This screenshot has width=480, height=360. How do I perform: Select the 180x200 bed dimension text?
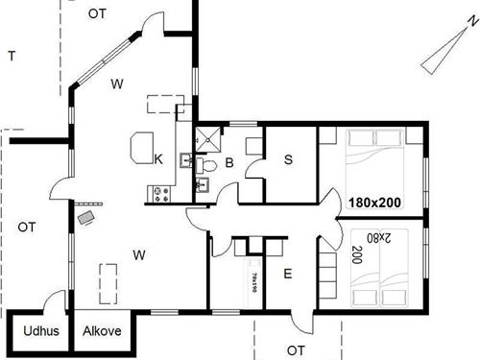tap(374, 204)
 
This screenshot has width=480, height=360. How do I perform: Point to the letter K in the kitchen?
tap(157, 158)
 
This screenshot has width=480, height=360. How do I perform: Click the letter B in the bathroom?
tap(230, 163)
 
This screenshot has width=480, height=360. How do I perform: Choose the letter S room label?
tap(288, 159)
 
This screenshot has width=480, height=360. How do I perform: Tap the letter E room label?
tap(287, 274)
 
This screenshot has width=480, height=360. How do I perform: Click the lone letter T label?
tap(11, 56)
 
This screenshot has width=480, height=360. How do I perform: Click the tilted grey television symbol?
tap(87, 218)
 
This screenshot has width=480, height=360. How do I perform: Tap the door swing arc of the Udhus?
tap(55, 300)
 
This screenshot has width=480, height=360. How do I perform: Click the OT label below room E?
tap(296, 349)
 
